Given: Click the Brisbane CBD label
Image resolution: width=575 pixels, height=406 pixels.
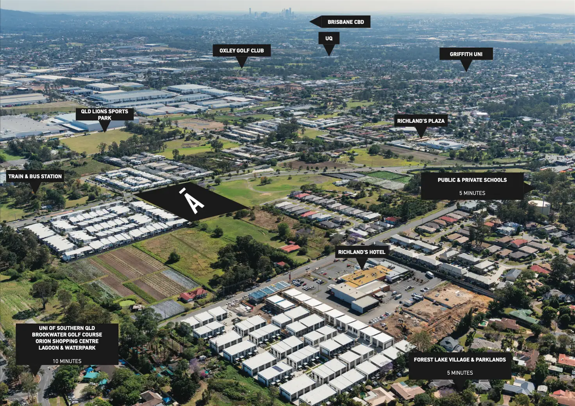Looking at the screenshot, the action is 345,22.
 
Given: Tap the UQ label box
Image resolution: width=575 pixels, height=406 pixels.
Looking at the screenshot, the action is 329,38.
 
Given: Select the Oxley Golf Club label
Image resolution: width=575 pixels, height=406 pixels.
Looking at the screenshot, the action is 241,50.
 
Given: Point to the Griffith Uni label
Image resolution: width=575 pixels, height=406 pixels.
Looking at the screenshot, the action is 466,54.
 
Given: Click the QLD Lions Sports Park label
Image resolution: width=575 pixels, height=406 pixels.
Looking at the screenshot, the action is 104,114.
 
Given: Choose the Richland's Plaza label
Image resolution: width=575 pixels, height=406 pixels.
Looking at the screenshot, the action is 421,121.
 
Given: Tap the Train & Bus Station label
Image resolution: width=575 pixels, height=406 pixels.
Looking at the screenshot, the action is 35,176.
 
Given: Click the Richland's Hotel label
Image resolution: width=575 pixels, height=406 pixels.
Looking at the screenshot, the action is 361,252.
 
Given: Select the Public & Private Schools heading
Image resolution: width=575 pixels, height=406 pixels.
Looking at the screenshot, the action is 472,180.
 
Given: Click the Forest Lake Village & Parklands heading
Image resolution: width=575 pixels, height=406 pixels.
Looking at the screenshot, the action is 460,360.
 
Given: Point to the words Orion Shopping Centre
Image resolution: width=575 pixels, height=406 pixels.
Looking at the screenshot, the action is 67,341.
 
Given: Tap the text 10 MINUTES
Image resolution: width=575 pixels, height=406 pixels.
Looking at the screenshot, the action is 67,361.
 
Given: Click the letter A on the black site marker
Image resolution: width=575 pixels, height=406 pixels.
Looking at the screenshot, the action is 194,202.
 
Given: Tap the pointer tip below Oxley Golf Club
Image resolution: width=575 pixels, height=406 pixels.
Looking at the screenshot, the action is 242,67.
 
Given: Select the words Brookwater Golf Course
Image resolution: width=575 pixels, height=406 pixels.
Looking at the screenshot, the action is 67,335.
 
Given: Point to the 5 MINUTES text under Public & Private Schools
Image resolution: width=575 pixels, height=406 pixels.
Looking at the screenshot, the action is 472,193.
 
